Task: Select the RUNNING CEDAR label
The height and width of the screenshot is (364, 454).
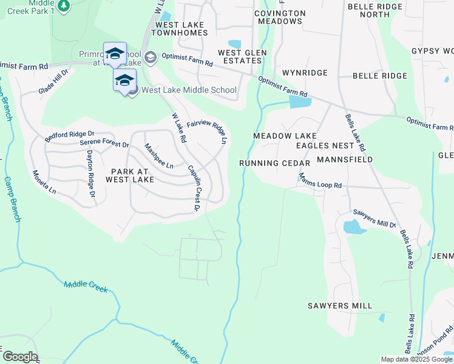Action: point(275,163)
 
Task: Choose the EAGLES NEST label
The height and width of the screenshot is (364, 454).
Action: point(325,146)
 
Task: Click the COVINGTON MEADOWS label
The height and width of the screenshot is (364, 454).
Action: point(280,17)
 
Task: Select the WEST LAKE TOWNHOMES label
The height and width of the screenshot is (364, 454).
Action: point(181,29)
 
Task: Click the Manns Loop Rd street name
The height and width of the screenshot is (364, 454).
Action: point(320,181)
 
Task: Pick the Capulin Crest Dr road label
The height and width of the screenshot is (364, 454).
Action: point(194,188)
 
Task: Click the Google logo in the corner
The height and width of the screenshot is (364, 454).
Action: point(20,357)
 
